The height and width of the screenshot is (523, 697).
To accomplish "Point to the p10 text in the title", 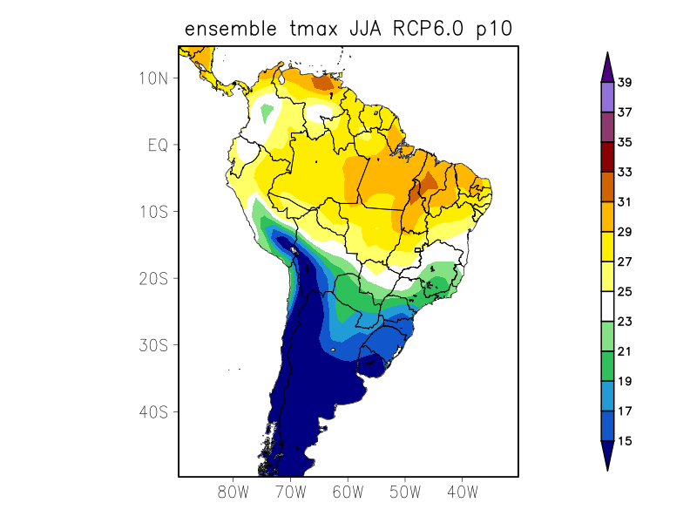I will pos(493,30).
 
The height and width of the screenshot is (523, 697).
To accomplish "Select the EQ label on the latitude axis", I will pos(158,145).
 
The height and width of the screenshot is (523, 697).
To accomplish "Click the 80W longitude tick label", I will pos(233,492).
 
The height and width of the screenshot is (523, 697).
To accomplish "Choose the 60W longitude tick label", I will pos(348,492).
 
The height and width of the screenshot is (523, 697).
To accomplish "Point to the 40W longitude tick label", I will pos(462,492).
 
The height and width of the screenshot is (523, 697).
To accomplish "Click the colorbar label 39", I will pos(625,83).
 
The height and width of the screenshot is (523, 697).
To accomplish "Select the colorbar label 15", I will pos(625,441).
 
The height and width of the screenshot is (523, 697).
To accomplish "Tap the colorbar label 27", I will pos(625,261).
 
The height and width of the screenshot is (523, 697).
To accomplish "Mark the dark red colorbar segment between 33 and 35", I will pos(607,157).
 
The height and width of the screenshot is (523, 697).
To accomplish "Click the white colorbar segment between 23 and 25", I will pos(607,306).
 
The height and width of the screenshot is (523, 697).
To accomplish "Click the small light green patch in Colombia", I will pos(267,112).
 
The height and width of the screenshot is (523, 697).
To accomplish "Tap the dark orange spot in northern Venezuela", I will pos(325,83).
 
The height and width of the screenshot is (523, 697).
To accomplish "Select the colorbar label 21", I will pos(625,351).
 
